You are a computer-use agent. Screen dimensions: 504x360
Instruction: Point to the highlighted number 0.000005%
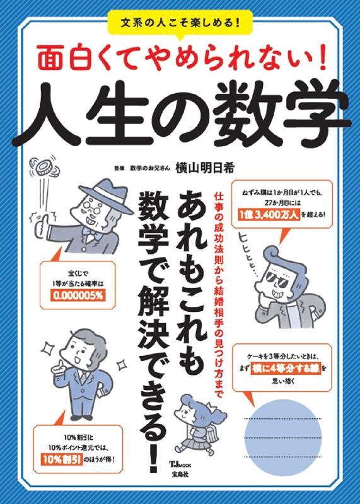click(x=73, y=293)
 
